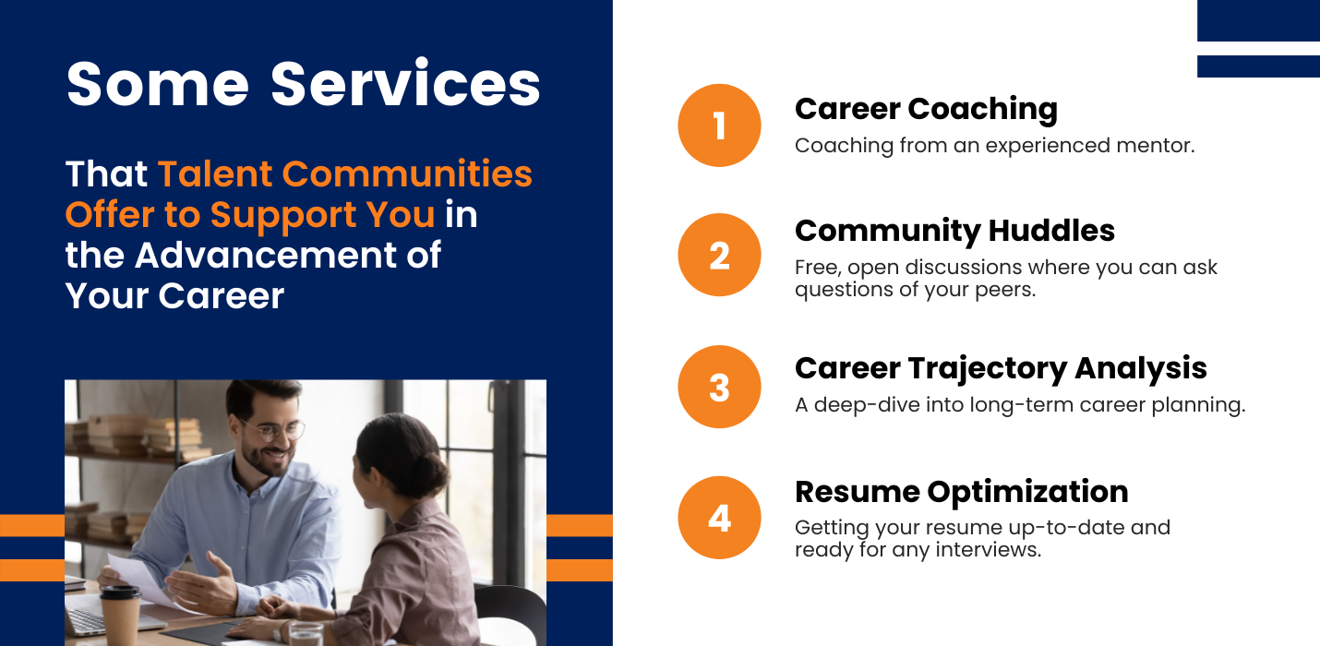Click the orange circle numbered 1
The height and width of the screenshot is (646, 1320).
coord(719,126)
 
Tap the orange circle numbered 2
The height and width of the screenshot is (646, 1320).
coord(719,255)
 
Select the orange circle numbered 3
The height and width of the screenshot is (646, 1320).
coord(719,387)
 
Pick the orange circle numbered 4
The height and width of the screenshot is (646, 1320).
coord(719,518)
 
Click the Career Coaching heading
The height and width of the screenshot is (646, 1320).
coord(926,110)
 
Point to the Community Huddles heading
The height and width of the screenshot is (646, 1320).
coord(954,232)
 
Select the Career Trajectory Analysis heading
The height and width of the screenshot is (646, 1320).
coord(1001,369)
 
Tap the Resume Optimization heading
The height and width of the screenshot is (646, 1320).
coord(961,492)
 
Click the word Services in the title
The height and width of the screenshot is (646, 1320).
coord(405,84)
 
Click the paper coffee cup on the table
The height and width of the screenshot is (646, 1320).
coord(120,615)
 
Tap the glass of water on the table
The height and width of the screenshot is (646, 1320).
coord(306,635)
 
